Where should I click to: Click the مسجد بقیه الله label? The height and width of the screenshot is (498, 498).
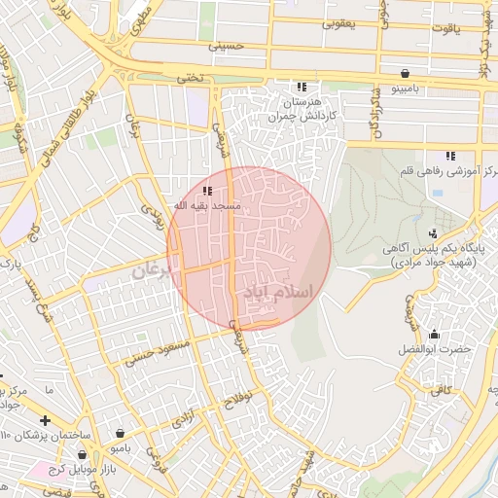click(206, 206)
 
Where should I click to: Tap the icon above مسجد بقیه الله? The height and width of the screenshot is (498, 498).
click(207, 191)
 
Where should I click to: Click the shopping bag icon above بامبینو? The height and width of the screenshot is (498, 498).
click(404, 73)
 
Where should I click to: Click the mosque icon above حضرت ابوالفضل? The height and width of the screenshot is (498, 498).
click(434, 335)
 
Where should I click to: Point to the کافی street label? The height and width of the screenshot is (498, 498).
click(443, 389)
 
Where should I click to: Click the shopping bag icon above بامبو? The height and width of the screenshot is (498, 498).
click(120, 434)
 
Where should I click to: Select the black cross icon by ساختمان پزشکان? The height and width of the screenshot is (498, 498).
click(45, 419)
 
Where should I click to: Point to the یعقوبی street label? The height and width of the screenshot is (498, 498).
click(338, 21)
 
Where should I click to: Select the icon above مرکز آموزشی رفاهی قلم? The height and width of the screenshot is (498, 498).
click(449, 156)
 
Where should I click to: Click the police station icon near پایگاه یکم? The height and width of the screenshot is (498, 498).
click(432, 232)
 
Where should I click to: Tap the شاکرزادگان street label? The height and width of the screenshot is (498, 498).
click(373, 116)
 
